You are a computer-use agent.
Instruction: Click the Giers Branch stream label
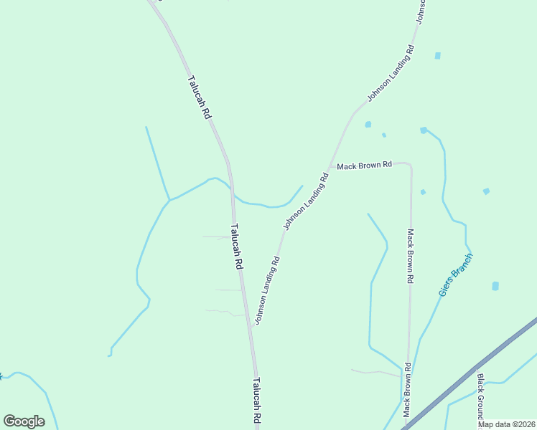pos(455,274)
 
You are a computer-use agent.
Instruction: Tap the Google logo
pos(24,421)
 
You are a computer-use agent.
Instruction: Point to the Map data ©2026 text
pos(506,424)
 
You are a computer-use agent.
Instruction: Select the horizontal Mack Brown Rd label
pos(364,165)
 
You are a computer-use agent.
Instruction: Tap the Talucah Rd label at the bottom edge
pos(256,403)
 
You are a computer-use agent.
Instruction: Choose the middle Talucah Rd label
pos(236,247)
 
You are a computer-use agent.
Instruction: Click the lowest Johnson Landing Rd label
pos(266,289)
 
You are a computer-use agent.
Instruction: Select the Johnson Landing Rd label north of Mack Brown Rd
pos(391,73)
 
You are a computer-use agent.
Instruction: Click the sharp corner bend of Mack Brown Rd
pos(410,166)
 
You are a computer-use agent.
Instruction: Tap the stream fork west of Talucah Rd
pos(169,200)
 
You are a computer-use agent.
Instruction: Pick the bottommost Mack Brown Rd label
pos(407,390)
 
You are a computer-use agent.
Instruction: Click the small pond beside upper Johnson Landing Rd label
pos(437,55)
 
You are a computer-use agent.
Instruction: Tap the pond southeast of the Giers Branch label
pos(495,286)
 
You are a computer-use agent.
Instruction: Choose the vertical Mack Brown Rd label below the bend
pos(410,256)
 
